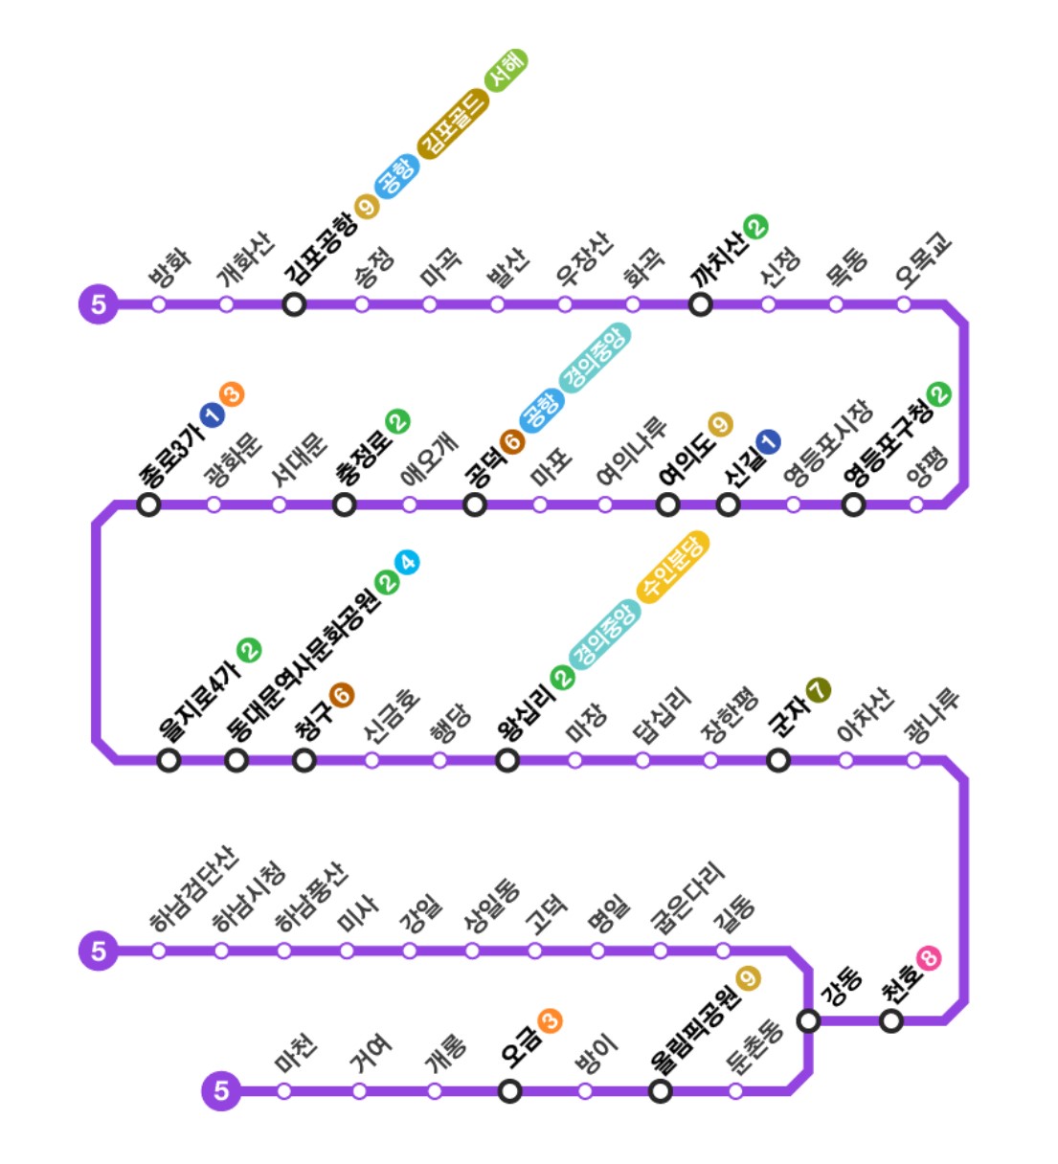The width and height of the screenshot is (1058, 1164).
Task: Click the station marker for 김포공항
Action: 294,304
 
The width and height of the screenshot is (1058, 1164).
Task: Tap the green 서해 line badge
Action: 506,70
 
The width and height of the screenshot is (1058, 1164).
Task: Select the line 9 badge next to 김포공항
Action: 366,205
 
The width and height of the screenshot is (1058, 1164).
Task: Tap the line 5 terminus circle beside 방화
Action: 98,304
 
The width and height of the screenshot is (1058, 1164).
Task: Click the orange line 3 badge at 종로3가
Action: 232,393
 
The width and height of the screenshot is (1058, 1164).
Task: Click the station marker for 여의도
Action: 668,504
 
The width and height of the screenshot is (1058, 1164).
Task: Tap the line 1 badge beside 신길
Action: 768,441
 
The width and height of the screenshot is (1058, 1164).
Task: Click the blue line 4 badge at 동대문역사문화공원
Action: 409,562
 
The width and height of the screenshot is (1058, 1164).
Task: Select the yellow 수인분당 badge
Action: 673,567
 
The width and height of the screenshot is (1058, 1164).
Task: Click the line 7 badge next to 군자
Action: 818,689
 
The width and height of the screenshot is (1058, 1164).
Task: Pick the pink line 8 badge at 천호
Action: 928,957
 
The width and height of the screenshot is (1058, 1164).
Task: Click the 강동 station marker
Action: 809,1020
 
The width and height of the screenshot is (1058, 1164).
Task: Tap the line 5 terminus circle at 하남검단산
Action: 98,951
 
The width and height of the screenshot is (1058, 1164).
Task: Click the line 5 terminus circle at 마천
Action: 221,1090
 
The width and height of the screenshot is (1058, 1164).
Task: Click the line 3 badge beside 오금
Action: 550,1020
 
